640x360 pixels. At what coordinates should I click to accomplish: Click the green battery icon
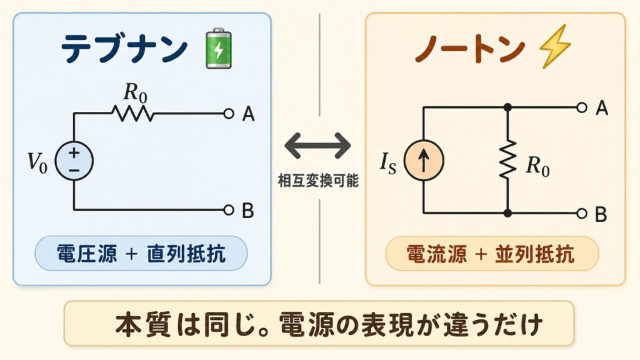coord(218,47)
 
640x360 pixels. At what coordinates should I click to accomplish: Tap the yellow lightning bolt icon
coord(551,47)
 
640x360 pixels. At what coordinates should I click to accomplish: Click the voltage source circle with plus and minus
coord(74,161)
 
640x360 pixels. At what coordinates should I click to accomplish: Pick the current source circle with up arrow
coord(424,161)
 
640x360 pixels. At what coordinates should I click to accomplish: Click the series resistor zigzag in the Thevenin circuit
coord(132,114)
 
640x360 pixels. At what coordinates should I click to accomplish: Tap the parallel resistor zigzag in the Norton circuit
coord(507,161)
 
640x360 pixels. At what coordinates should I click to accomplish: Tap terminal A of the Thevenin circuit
coord(228,114)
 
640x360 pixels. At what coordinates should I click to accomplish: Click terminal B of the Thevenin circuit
coord(228,210)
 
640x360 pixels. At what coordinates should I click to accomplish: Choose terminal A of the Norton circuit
coord(582,107)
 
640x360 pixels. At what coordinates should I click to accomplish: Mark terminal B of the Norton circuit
coord(582,214)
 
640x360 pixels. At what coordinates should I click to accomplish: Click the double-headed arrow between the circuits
coord(318,146)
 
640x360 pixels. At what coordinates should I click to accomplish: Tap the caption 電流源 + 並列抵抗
coord(491,254)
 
